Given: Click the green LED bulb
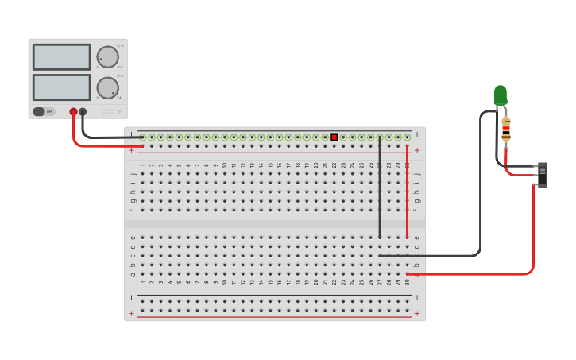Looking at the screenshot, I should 501,95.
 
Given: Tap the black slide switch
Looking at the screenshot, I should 543,174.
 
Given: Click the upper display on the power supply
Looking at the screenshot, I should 61,57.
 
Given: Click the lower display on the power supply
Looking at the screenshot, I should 61,87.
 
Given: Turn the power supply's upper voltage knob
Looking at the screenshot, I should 107,56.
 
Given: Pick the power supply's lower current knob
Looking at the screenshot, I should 107,87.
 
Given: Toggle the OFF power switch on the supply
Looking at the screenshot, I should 44,112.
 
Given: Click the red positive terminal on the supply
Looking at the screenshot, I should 73,112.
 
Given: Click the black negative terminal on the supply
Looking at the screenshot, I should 83,112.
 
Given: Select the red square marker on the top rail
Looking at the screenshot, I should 334,137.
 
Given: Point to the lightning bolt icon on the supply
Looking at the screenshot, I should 120,112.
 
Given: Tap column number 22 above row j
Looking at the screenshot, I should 334,165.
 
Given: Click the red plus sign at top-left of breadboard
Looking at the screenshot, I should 132,149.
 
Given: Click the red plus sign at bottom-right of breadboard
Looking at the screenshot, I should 417,314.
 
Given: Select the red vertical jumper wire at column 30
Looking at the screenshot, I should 408,191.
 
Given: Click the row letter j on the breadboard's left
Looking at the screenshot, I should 133,172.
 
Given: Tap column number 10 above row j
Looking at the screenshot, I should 225,165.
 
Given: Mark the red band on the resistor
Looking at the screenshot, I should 506,130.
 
